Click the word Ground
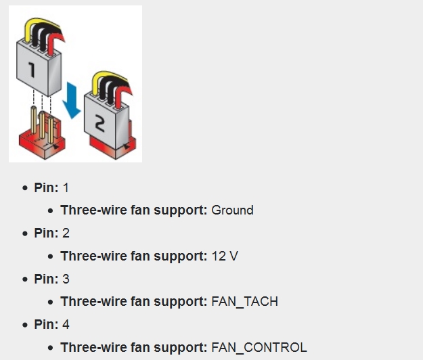click(232, 210)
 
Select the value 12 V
click(225, 256)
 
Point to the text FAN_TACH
click(244, 302)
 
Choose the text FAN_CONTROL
click(259, 348)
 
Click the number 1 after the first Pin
click(66, 187)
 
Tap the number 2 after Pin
click(66, 233)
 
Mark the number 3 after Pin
click(66, 279)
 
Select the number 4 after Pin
click(66, 325)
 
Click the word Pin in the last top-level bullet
click(45, 325)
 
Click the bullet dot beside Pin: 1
click(25, 188)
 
